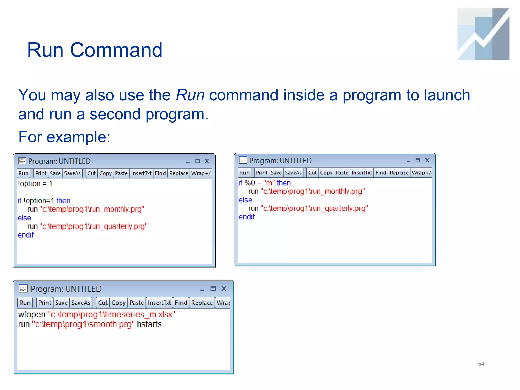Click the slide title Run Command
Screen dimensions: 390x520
tap(95, 50)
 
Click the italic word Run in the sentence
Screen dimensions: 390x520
tap(190, 95)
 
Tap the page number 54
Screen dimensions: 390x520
tap(481, 364)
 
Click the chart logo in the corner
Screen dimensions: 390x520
tap(483, 34)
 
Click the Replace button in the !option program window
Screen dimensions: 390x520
tap(178, 173)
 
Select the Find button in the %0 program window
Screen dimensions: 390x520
tap(381, 173)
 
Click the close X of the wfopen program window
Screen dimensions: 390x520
tap(224, 289)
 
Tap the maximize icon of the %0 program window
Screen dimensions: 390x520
tap(418, 160)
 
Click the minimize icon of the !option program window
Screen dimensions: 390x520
tap(188, 161)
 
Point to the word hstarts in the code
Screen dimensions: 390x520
tap(149, 324)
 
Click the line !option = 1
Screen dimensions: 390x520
tap(35, 184)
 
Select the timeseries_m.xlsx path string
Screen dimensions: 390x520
tap(111, 315)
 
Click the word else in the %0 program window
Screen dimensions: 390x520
tap(245, 200)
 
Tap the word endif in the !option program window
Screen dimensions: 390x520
tap(25, 235)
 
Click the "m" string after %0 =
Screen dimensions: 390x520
tap(269, 183)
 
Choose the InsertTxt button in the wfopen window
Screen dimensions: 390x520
tap(159, 303)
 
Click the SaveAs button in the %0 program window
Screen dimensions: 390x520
tap(293, 173)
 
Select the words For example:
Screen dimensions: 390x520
tap(64, 137)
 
